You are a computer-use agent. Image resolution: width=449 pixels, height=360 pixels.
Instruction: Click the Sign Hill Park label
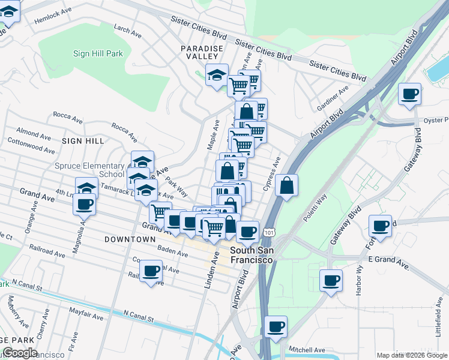click(x=98, y=53)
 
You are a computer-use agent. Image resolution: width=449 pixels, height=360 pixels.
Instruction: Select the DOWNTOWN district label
click(x=130, y=239)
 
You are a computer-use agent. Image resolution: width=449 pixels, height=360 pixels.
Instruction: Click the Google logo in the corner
click(x=20, y=353)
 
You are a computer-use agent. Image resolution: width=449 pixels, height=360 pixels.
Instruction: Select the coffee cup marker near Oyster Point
click(x=409, y=94)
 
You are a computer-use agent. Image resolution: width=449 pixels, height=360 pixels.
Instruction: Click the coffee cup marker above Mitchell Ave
click(x=276, y=327)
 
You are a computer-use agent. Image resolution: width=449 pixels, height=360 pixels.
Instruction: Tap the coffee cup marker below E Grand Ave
click(x=331, y=280)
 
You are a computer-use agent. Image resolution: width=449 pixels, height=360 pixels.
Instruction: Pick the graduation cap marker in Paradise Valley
click(x=217, y=75)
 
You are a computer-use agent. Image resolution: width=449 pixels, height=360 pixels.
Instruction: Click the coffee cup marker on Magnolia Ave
click(x=85, y=204)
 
